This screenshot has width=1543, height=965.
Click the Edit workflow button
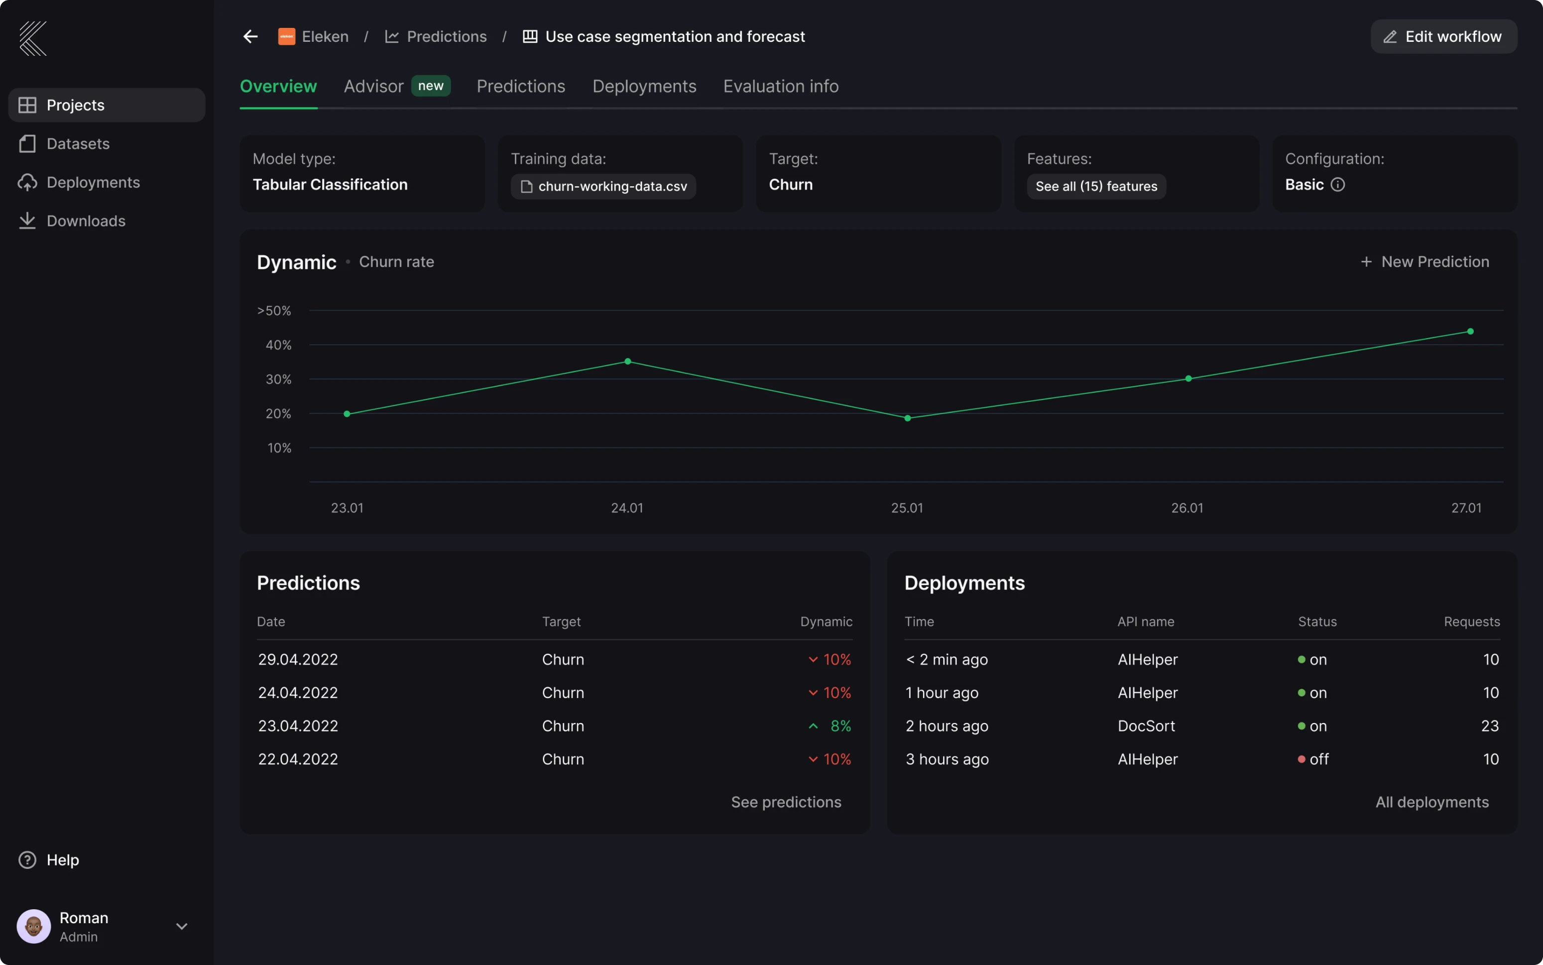click(x=1443, y=36)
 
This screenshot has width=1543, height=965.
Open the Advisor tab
click(x=374, y=86)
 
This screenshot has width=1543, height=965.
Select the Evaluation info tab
click(x=780, y=86)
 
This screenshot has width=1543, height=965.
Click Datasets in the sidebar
click(x=78, y=143)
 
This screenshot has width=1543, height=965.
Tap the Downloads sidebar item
click(x=86, y=221)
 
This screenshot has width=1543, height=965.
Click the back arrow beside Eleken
click(x=250, y=36)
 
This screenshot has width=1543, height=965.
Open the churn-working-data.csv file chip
click(x=603, y=186)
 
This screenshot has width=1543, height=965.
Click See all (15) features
click(x=1096, y=186)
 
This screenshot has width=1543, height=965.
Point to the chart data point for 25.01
click(x=907, y=418)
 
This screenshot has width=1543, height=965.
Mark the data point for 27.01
click(x=1470, y=331)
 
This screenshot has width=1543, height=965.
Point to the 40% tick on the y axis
click(x=278, y=345)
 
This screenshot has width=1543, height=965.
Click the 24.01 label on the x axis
click(x=627, y=508)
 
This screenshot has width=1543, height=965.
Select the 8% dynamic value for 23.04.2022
click(x=840, y=725)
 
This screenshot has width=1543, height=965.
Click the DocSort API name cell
click(x=1146, y=725)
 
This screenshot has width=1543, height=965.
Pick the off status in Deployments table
click(x=1318, y=759)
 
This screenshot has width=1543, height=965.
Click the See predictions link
click(x=786, y=802)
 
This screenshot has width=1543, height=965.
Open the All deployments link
click(x=1431, y=802)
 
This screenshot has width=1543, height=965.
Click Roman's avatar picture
click(x=34, y=926)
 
